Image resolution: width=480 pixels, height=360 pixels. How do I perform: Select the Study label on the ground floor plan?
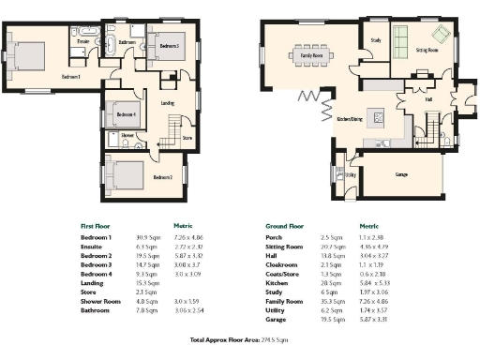375,41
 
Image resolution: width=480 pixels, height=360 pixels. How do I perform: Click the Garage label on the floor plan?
401,174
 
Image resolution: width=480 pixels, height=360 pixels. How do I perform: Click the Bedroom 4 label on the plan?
126,116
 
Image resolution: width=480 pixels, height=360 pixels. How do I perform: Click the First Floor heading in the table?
97,226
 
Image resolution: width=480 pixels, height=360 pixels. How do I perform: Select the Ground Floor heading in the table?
287,226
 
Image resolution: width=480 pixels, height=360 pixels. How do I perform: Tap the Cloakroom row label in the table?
282,264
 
